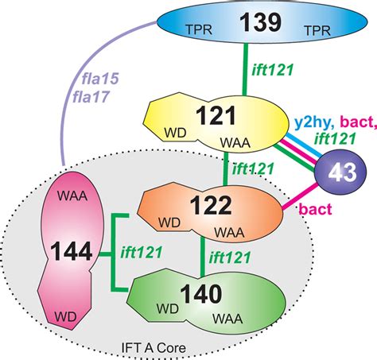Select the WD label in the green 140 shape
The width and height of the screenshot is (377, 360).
188,306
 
